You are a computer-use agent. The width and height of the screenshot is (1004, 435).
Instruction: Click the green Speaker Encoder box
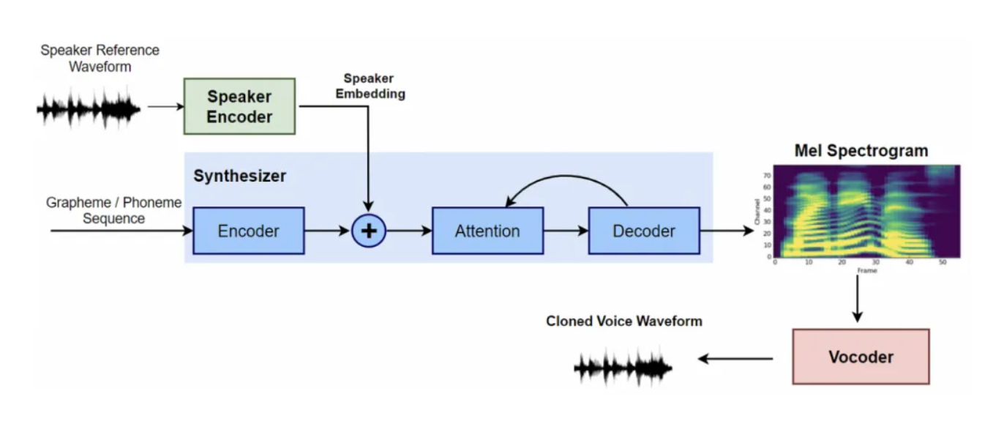(x=239, y=106)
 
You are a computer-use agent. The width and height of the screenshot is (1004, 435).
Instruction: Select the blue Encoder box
(x=248, y=231)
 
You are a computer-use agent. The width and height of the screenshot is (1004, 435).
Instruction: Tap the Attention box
(x=487, y=231)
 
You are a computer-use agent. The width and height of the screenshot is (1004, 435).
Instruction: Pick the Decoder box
(x=644, y=231)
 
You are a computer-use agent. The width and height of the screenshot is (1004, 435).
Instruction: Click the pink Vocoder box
(x=861, y=357)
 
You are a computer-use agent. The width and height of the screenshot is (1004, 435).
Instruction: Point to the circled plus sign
(x=369, y=231)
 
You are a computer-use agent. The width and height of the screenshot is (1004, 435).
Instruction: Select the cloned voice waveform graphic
(x=623, y=365)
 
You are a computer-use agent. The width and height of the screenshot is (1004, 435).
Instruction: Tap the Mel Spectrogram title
(x=861, y=151)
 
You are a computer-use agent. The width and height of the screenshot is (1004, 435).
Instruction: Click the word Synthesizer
(x=240, y=176)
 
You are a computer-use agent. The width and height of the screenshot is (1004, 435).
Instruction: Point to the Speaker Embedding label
(x=370, y=86)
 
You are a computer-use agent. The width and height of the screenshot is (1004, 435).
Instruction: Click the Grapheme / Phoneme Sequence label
(x=113, y=210)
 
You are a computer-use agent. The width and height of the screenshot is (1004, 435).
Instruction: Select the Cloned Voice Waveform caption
(x=623, y=321)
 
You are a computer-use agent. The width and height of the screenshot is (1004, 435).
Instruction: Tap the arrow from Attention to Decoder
(x=566, y=231)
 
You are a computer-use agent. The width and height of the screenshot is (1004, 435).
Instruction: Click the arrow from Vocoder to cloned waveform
(x=735, y=359)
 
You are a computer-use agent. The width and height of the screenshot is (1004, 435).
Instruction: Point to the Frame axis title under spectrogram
(x=868, y=270)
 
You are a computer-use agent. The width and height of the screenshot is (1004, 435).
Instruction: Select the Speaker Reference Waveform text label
(x=100, y=59)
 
